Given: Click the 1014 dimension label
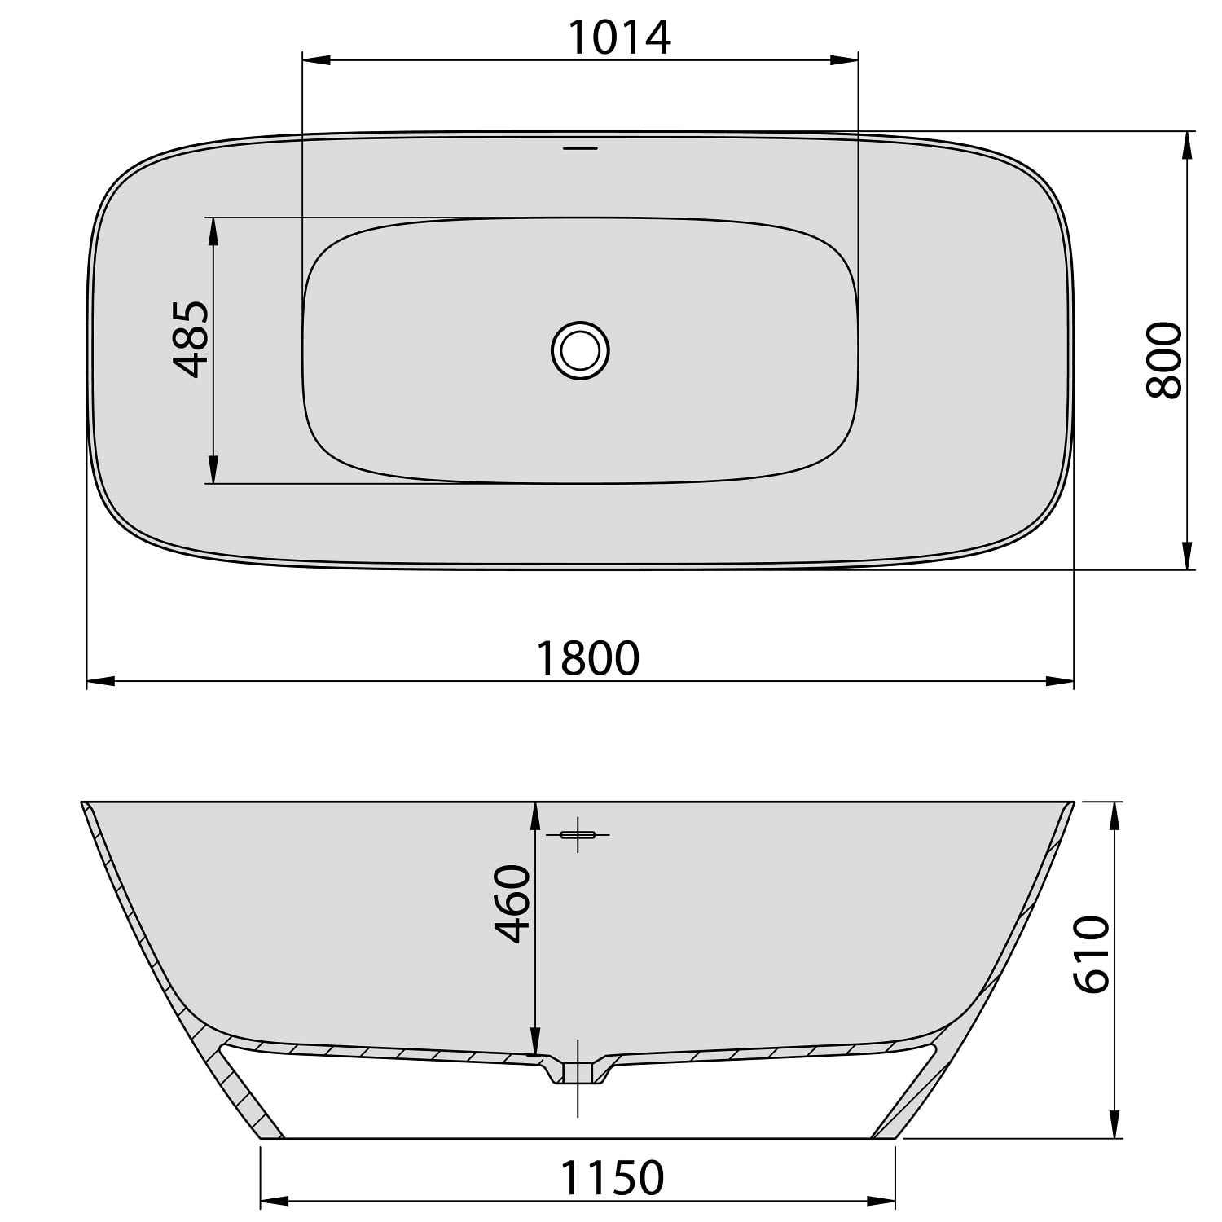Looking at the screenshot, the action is [619, 37].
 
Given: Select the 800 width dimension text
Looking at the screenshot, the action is [1163, 360].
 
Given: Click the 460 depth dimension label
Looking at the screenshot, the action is [513, 903].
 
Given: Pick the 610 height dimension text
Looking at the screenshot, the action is [1092, 954].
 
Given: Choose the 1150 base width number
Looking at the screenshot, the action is [612, 1178].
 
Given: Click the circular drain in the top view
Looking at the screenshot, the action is [580, 350].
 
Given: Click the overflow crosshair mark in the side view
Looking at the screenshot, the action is [578, 834].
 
